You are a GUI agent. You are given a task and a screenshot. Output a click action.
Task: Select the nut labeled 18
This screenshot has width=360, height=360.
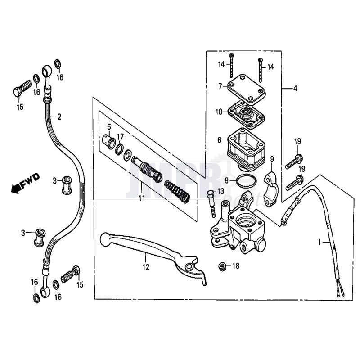tap(222, 266)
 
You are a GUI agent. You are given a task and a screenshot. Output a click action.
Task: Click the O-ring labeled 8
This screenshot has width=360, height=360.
tap(245, 181)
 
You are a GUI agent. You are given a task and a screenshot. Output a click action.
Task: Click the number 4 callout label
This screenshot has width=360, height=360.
tap(295, 89)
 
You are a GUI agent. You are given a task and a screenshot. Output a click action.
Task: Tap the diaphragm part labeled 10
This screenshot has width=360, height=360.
tap(247, 112)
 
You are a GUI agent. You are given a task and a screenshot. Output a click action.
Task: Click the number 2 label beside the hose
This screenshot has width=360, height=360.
tap(59, 117)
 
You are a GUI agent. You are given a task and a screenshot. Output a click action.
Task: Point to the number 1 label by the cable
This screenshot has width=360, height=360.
tap(320, 242)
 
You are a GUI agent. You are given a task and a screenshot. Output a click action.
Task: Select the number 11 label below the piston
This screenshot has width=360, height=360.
tap(142, 198)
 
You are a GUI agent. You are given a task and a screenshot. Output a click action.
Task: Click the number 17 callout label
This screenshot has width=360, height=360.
tap(121, 136)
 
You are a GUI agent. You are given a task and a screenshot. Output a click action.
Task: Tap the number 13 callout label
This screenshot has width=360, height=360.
tap(220, 191)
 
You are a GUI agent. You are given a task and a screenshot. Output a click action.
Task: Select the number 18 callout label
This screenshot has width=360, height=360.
tap(236, 266)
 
